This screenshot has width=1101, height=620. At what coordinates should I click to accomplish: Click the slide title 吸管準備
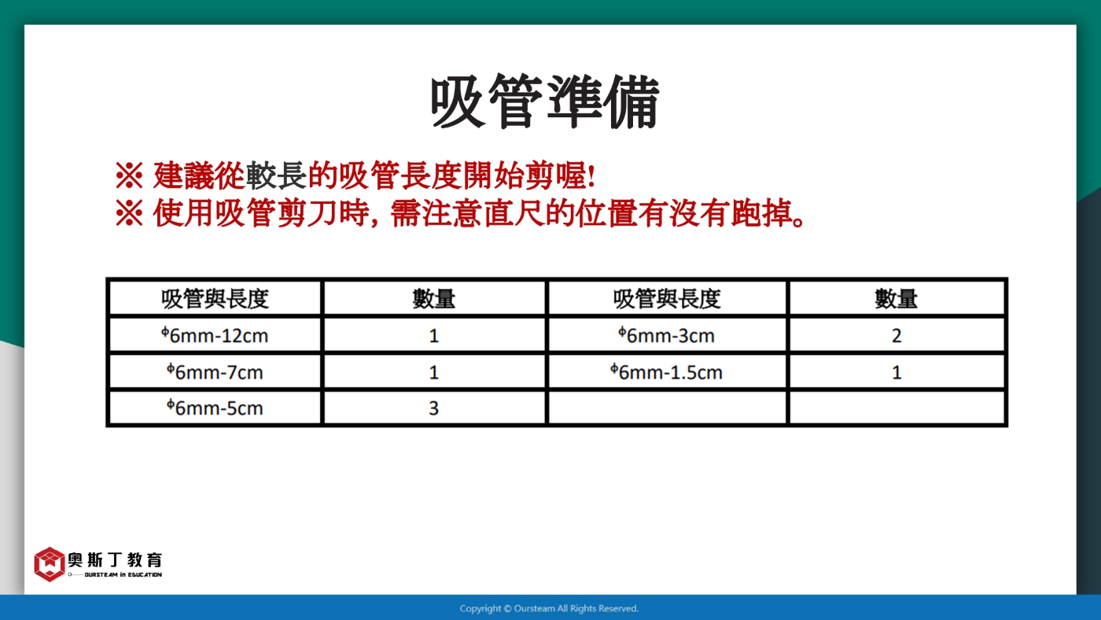544,101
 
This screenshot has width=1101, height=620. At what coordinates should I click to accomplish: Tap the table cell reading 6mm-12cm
215,335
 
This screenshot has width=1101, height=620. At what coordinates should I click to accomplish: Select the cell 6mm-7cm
215,372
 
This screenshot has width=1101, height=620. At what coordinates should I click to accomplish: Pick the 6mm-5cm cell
215,408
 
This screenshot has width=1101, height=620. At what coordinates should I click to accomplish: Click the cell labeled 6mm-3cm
667,335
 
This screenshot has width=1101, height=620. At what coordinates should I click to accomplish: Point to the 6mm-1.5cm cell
667,372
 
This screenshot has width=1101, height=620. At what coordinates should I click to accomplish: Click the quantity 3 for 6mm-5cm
433,408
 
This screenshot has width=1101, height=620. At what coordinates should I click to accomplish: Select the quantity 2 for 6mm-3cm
897,335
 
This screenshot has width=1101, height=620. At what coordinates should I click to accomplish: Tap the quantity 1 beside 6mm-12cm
433,335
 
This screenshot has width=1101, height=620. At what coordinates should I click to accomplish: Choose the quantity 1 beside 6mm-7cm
433,372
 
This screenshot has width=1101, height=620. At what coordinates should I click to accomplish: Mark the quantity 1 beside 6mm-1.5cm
897,372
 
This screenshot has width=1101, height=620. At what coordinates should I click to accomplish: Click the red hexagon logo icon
49,564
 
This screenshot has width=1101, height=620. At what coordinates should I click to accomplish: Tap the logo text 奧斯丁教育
115,559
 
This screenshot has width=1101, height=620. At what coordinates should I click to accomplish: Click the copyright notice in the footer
549,608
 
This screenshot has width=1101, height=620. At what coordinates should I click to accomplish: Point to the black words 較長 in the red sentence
276,175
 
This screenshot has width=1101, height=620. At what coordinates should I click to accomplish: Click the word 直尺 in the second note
514,213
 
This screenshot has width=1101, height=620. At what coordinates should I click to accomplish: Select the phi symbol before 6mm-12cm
165,332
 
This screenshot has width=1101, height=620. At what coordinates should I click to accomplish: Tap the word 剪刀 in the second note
307,213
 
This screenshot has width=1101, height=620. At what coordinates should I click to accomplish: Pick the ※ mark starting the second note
129,213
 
